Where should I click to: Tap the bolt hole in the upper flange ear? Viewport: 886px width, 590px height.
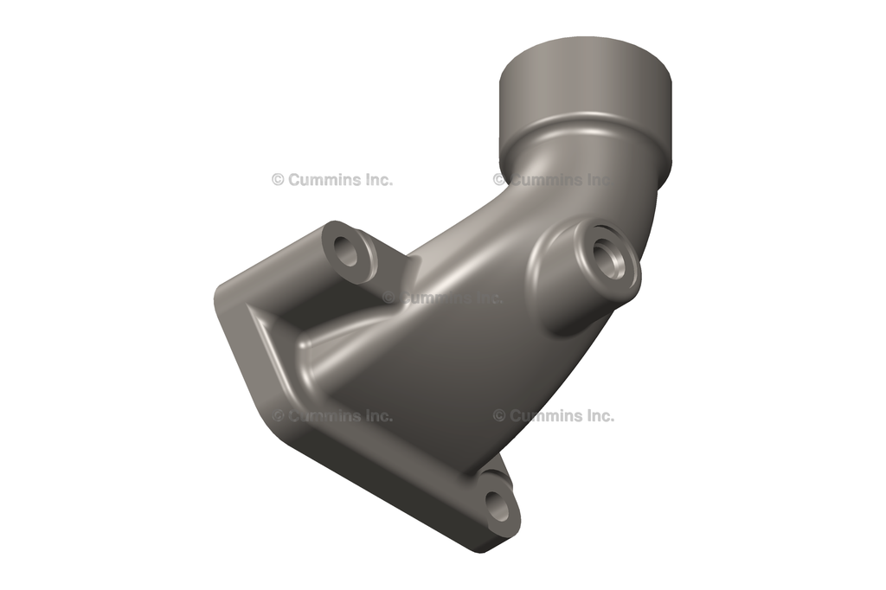(348, 253)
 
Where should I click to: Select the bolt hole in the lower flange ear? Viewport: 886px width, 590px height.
(498, 504)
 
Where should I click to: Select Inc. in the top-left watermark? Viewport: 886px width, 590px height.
(376, 180)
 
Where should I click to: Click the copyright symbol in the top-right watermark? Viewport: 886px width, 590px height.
(499, 180)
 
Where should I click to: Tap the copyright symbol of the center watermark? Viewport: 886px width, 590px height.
(388, 298)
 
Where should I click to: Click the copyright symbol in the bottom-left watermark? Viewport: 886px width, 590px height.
(279, 416)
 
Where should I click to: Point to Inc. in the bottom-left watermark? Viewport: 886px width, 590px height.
(376, 416)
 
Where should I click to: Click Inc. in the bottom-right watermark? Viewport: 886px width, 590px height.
(597, 416)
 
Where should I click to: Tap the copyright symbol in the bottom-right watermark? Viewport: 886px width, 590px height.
(499, 416)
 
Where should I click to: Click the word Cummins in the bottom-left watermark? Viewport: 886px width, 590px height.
(322, 416)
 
